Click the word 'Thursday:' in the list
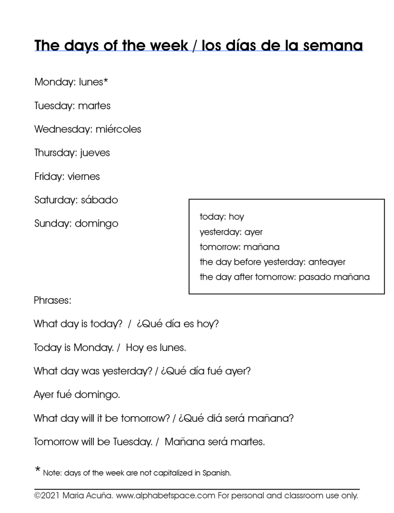[55, 152]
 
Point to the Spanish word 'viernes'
[84, 176]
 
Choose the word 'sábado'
[99, 200]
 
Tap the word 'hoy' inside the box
[236, 217]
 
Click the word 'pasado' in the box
[314, 277]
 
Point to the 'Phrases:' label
[53, 300]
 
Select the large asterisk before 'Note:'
[38, 470]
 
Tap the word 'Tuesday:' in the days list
[54, 105]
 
